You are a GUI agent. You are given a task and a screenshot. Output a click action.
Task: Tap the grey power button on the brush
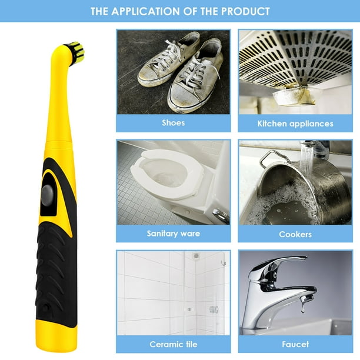48,195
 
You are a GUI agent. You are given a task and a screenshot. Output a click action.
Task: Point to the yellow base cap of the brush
56,337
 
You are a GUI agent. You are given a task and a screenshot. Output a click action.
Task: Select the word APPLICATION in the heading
146,11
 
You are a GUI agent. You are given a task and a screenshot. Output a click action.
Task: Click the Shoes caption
174,123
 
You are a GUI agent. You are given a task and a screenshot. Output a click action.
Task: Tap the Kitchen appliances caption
295,124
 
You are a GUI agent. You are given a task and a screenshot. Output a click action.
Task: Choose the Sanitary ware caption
174,234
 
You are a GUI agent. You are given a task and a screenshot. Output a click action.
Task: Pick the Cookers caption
295,234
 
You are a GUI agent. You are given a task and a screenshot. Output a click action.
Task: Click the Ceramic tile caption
174,344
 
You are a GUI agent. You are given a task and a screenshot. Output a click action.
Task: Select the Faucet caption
295,344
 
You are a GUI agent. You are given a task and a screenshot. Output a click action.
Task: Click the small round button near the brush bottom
46,307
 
